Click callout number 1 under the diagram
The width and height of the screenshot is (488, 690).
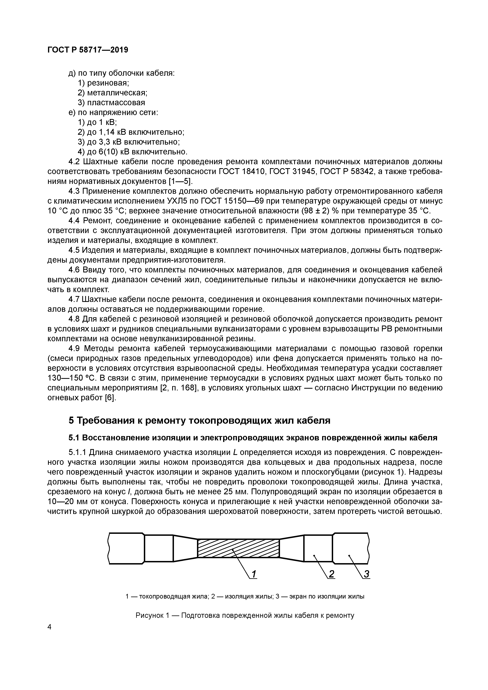pos(254,574)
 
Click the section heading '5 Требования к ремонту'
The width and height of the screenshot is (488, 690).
pos(199,420)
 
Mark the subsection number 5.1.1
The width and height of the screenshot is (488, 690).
pos(77,453)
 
